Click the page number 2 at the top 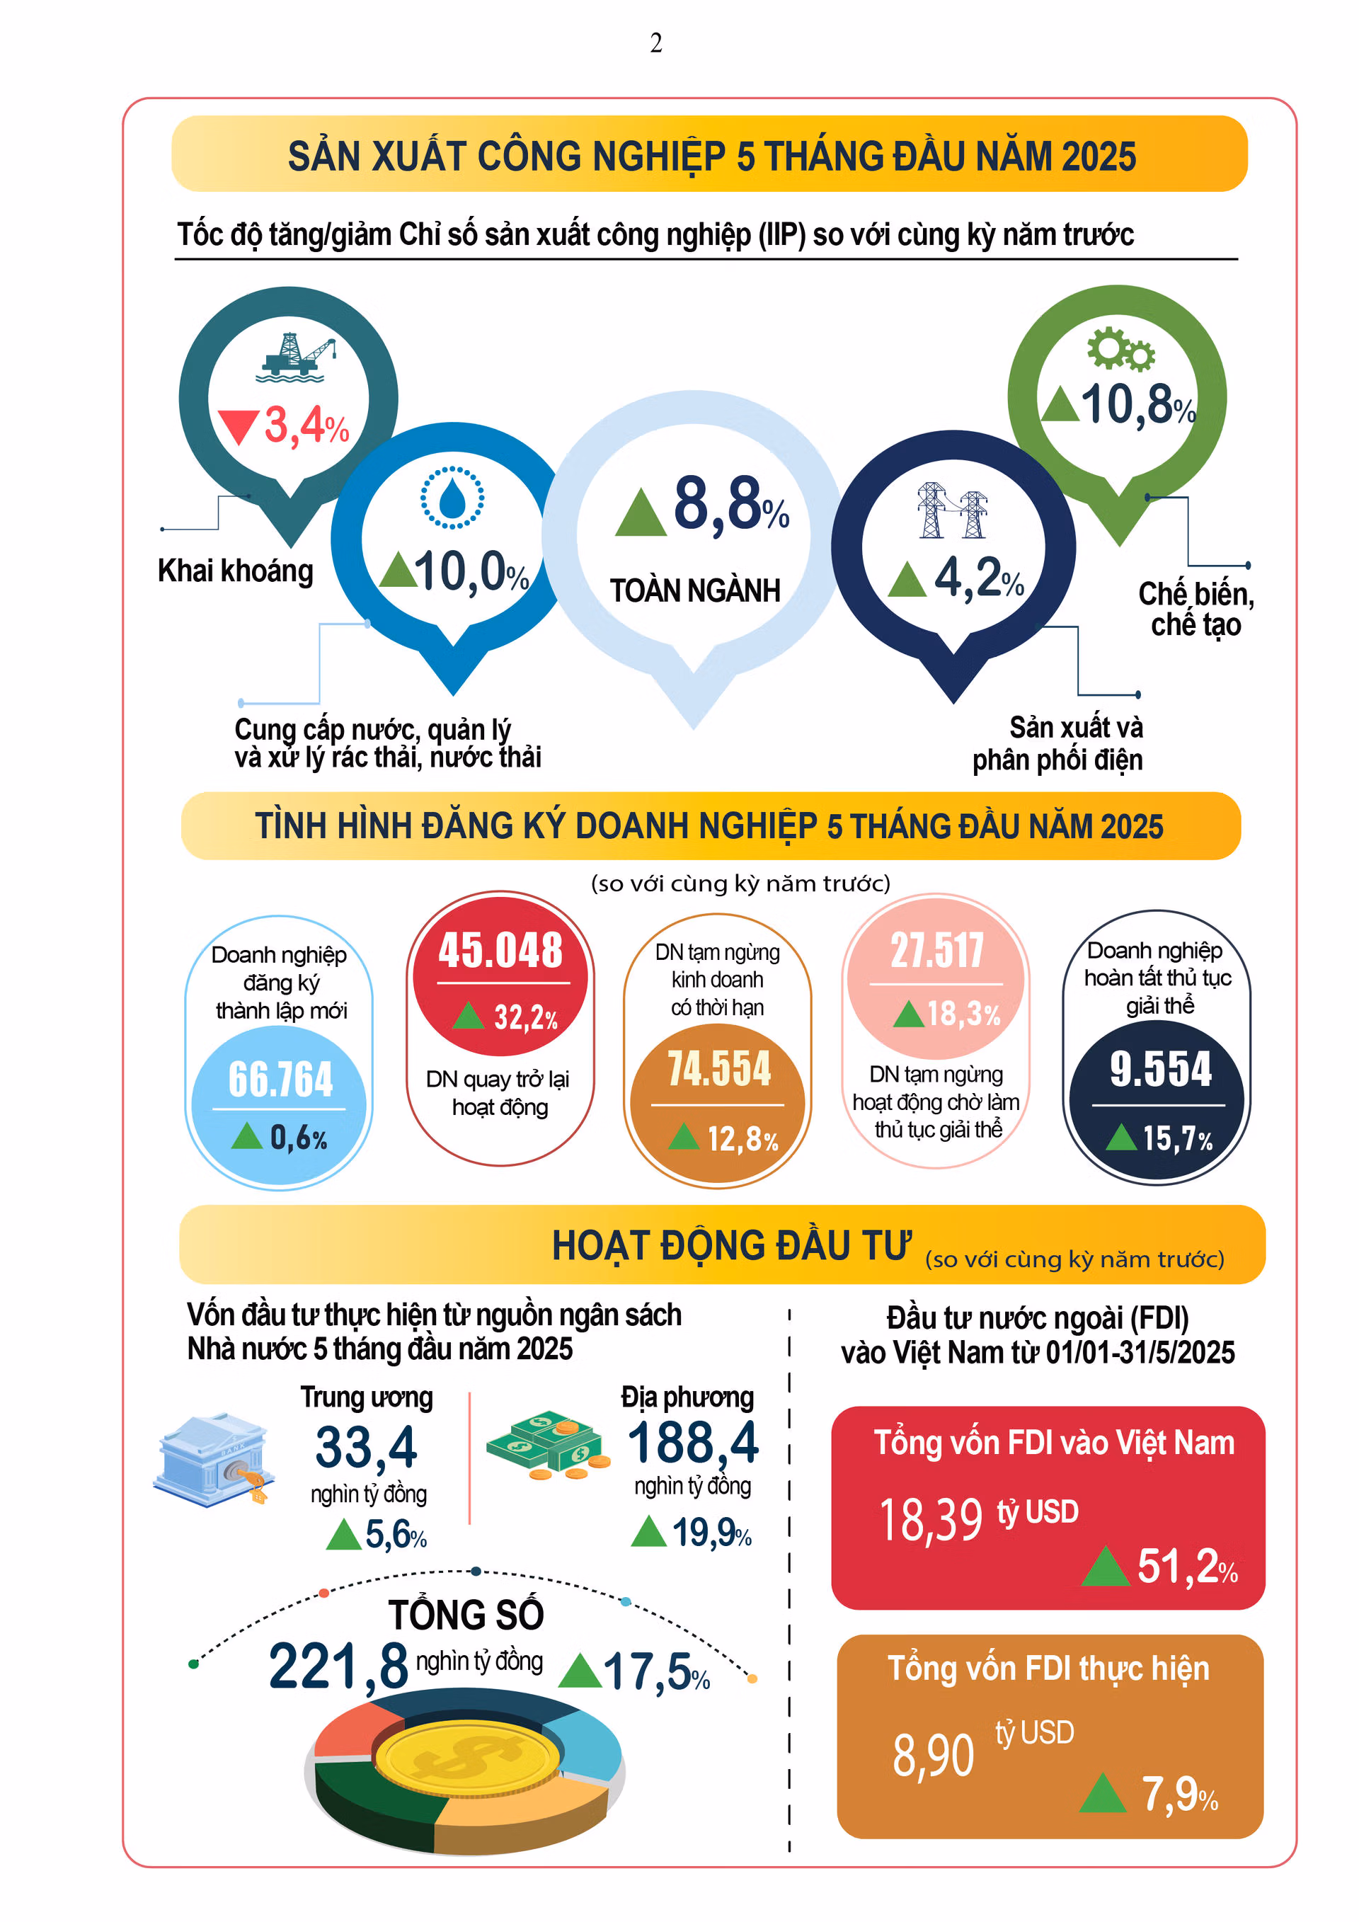click(656, 42)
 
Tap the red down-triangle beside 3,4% click(238, 426)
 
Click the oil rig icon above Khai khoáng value click(297, 357)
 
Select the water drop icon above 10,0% click(452, 498)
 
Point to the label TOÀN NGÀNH click(694, 591)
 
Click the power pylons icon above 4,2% click(952, 510)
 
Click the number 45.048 click(500, 950)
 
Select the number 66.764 click(280, 1078)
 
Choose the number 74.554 click(719, 1069)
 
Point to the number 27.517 click(936, 951)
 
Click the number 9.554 click(1161, 1069)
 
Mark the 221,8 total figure click(338, 1666)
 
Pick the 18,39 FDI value click(931, 1519)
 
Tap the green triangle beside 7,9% click(1103, 1792)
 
